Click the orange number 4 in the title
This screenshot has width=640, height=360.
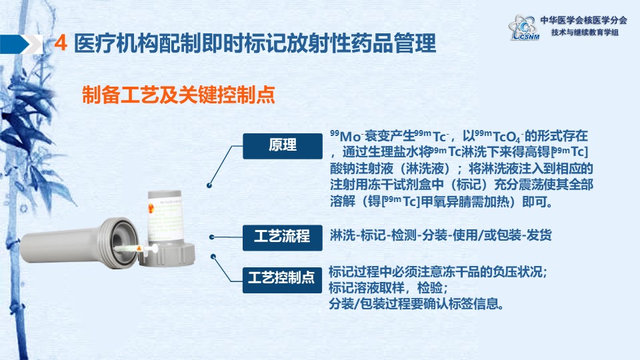coord(61,43)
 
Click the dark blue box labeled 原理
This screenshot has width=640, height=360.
coord(283,146)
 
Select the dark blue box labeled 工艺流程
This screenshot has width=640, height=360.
coord(283,237)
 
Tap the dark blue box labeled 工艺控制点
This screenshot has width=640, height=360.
coord(282,279)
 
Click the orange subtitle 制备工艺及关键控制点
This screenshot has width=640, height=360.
coord(179,95)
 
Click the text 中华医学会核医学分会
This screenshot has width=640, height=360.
coord(584,20)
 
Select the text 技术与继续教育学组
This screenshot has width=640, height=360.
coord(585,32)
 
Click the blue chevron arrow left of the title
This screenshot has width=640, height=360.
coord(21,44)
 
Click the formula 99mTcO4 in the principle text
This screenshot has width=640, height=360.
coord(499,135)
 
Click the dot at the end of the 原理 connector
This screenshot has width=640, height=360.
coord(209,185)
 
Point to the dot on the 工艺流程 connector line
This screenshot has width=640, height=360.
coord(212,237)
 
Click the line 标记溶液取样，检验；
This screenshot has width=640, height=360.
coord(388,288)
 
